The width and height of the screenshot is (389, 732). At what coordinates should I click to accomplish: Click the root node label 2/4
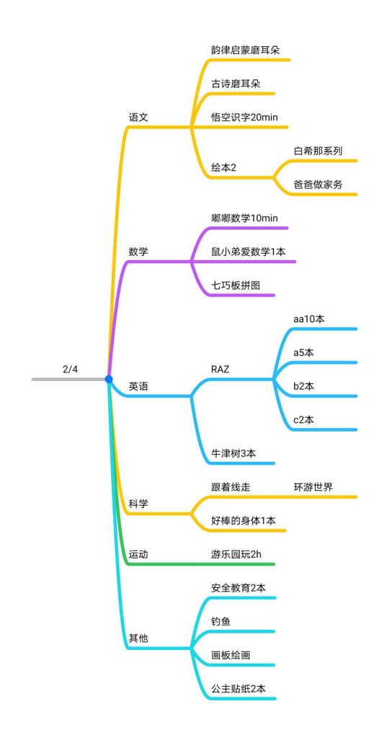[x=70, y=370]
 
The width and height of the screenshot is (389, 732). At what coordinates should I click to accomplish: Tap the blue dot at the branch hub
[x=109, y=379]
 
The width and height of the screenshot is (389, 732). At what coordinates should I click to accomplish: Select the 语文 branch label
[x=138, y=117]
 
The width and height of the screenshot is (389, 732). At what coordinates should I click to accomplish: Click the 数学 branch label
[x=138, y=251]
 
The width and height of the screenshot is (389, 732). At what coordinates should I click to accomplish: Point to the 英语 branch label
[x=138, y=386]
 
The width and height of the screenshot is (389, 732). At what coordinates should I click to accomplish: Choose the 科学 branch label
[x=138, y=504]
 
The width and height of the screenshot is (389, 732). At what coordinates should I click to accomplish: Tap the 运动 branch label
[x=138, y=554]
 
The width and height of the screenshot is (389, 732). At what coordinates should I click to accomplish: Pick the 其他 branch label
[x=138, y=638]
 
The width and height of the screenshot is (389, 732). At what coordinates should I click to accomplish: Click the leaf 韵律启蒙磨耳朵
[x=245, y=50]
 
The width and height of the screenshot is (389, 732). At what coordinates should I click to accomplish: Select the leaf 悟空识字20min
[x=244, y=117]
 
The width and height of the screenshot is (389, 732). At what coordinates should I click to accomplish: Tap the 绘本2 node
[x=224, y=168]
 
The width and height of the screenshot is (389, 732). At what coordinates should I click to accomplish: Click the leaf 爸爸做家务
[x=318, y=184]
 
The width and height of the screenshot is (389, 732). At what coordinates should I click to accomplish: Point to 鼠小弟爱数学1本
[x=248, y=251]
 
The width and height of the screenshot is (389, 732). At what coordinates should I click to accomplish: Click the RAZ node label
[x=220, y=370]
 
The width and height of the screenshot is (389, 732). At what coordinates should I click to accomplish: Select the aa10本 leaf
[x=309, y=319]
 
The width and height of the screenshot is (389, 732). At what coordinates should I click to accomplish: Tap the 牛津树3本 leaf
[x=233, y=453]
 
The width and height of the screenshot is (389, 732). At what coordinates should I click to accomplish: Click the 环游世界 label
[x=313, y=487]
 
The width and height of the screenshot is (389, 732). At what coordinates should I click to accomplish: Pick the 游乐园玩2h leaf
[x=236, y=554]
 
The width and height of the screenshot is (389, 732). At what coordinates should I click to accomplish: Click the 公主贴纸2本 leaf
[x=238, y=689]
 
